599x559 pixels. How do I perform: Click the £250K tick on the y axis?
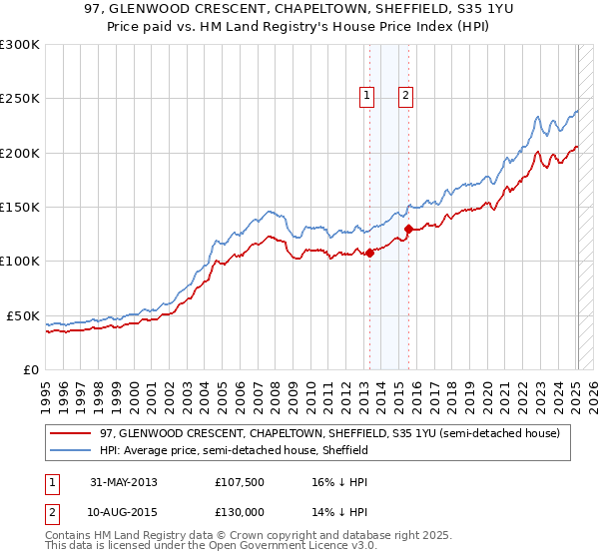coord(20,99)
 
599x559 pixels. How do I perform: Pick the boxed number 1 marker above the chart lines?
coord(367,96)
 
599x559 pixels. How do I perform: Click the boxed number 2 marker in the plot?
coord(406,96)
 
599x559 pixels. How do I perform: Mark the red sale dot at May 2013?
coord(369,253)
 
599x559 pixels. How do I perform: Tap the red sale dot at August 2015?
coord(408,229)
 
